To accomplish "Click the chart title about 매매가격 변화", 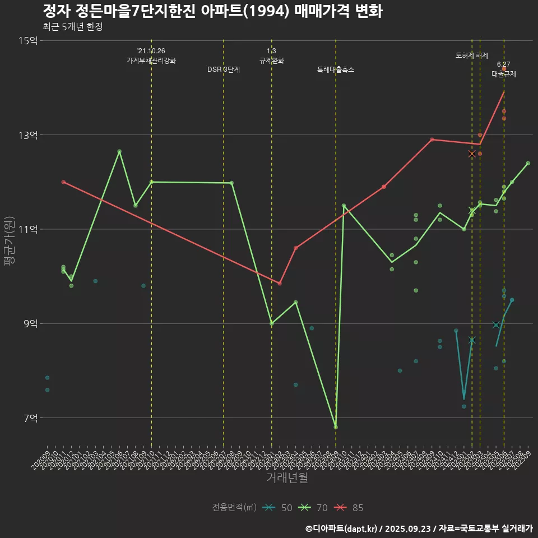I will click(x=212, y=11).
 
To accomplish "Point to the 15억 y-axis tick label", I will click(x=27, y=40).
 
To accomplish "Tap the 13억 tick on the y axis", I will click(x=27, y=135).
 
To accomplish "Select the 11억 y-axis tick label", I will click(x=27, y=229).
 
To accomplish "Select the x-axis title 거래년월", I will click(x=286, y=478).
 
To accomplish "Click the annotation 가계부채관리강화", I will click(x=151, y=61).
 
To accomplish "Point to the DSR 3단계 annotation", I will click(x=224, y=69).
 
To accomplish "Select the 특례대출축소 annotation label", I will click(x=336, y=69).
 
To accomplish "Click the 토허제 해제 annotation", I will click(x=471, y=55).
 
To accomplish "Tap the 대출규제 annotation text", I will click(x=504, y=73).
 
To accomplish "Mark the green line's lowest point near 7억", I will click(x=336, y=427).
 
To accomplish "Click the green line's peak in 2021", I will click(x=119, y=151).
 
